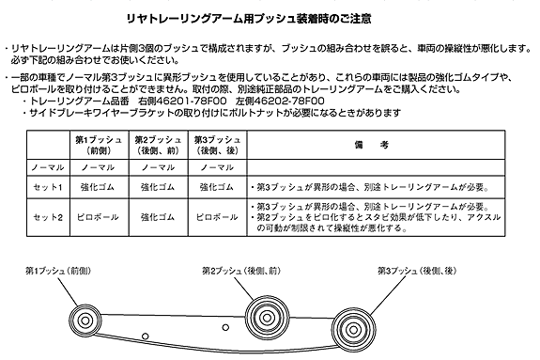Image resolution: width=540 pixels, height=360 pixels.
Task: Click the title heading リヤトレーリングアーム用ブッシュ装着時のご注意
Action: point(249,19)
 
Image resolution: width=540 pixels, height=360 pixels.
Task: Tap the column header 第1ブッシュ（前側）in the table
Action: point(99,145)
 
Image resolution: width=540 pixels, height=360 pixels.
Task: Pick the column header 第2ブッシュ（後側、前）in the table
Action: point(158,145)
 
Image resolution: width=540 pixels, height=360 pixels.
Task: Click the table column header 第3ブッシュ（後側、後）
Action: point(217,145)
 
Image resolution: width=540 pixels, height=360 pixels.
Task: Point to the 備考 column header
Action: point(372,145)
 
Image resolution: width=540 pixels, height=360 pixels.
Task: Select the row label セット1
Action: point(48,187)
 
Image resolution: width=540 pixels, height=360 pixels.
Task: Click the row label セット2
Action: point(48,217)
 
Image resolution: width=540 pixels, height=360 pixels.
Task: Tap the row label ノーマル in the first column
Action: point(48,167)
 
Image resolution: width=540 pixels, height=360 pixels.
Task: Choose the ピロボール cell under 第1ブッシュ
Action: point(98,217)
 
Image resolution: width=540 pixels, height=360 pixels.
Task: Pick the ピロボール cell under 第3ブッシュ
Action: point(217,217)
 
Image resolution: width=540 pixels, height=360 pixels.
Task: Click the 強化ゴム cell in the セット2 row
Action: point(158,217)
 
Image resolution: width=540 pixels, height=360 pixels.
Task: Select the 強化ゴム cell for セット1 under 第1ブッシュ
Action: point(98,187)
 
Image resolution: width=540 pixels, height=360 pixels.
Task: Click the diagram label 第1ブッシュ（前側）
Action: point(58,271)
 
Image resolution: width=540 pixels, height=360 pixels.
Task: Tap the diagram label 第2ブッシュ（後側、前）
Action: point(241,271)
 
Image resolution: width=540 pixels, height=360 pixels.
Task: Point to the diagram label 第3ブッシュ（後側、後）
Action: point(417,271)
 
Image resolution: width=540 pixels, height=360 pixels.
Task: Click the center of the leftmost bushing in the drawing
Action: point(85,321)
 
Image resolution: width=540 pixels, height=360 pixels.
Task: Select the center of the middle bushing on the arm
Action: point(267,318)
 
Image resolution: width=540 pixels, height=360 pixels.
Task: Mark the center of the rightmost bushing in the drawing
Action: point(353,330)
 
